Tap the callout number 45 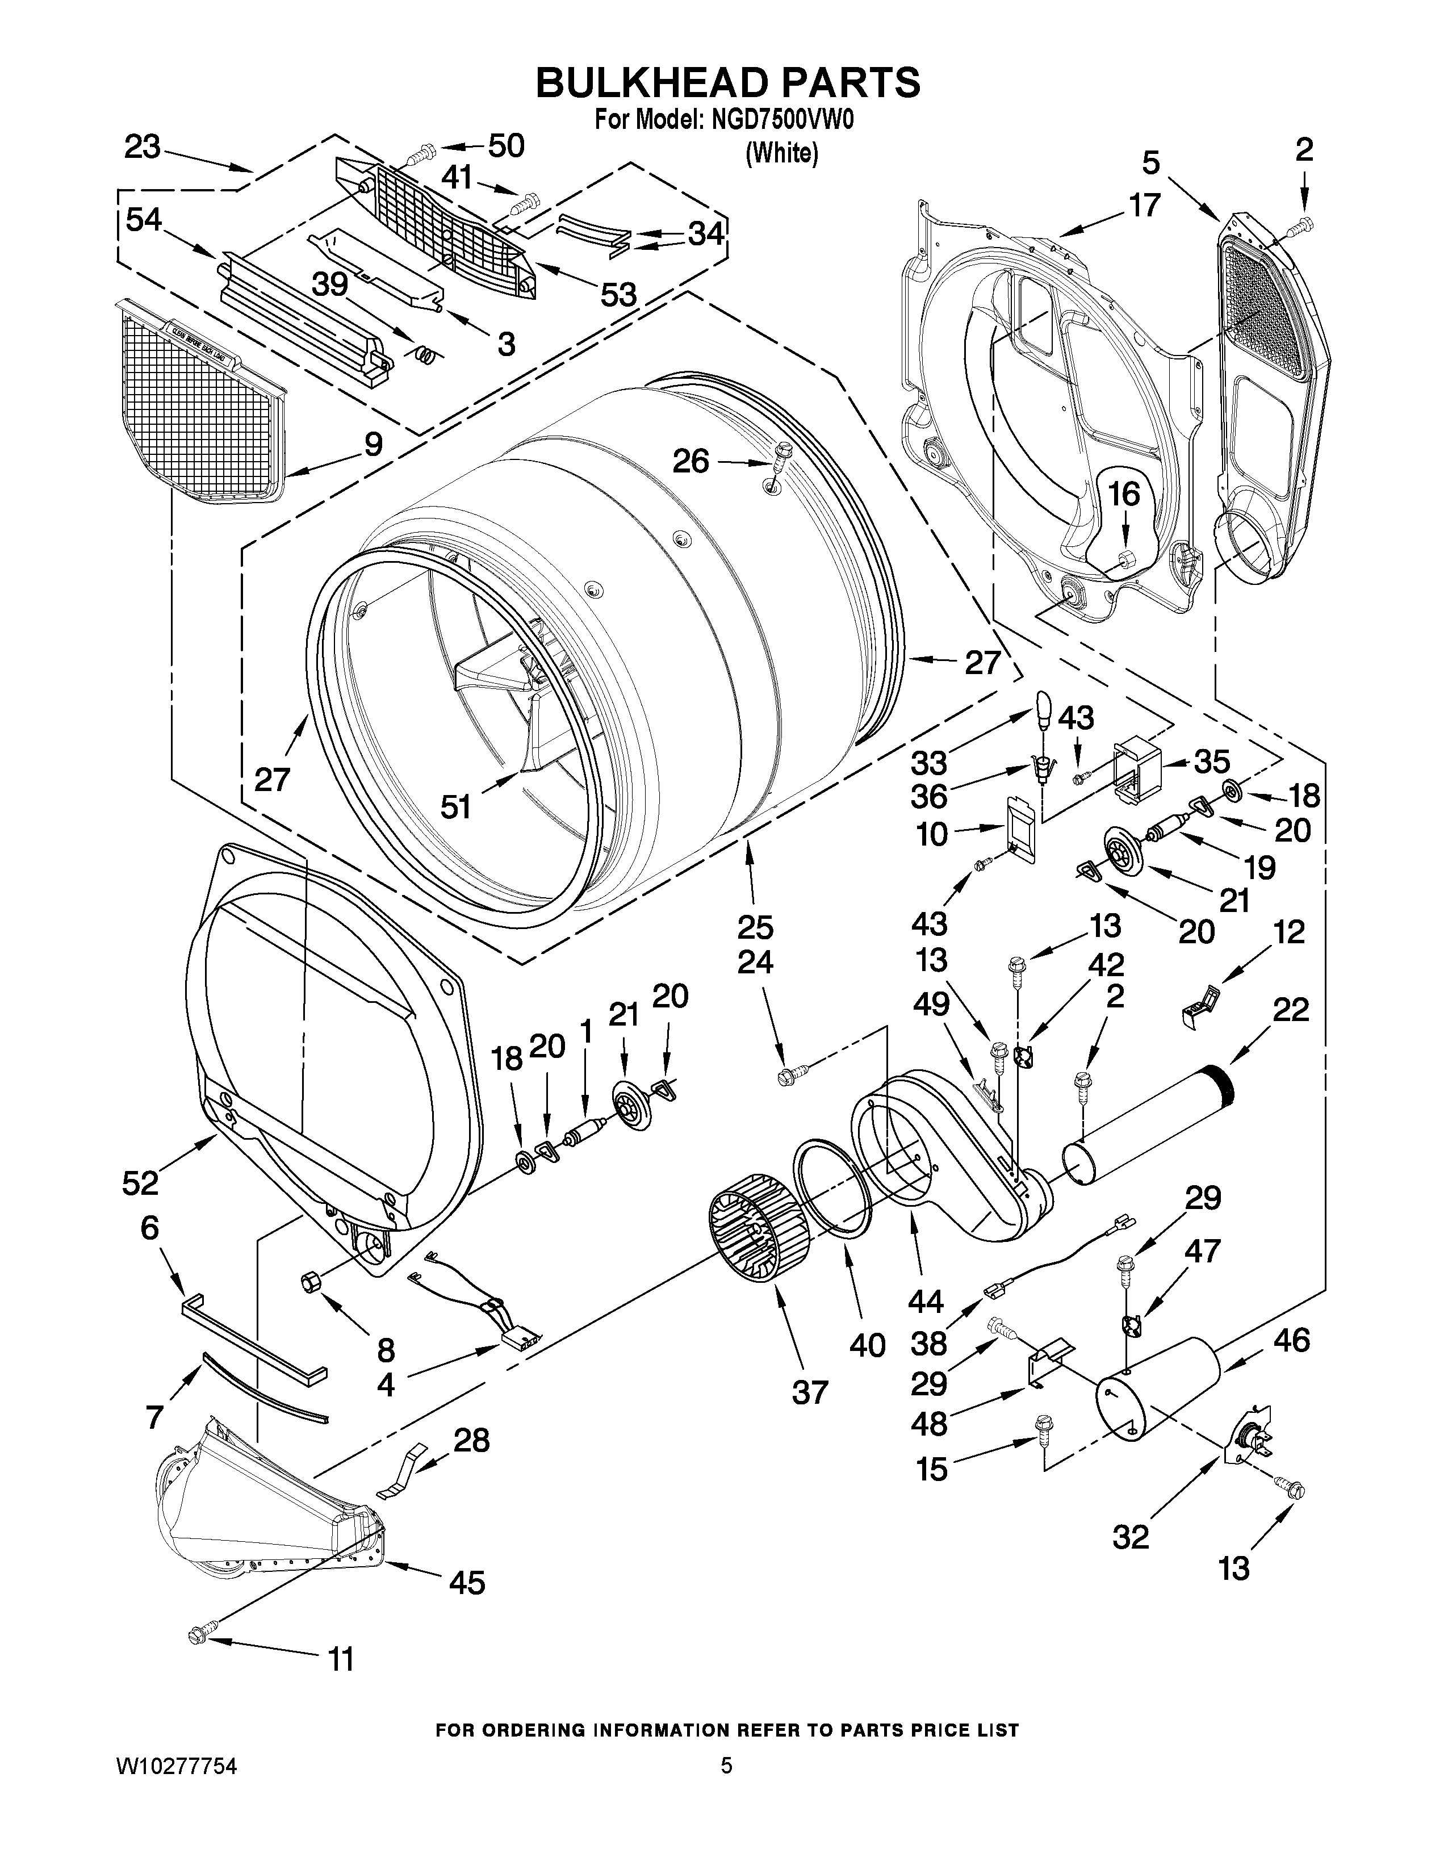click(467, 1582)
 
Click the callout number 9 click(373, 444)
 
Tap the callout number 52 click(140, 1182)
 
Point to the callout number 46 click(1291, 1340)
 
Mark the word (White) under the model click(781, 153)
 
